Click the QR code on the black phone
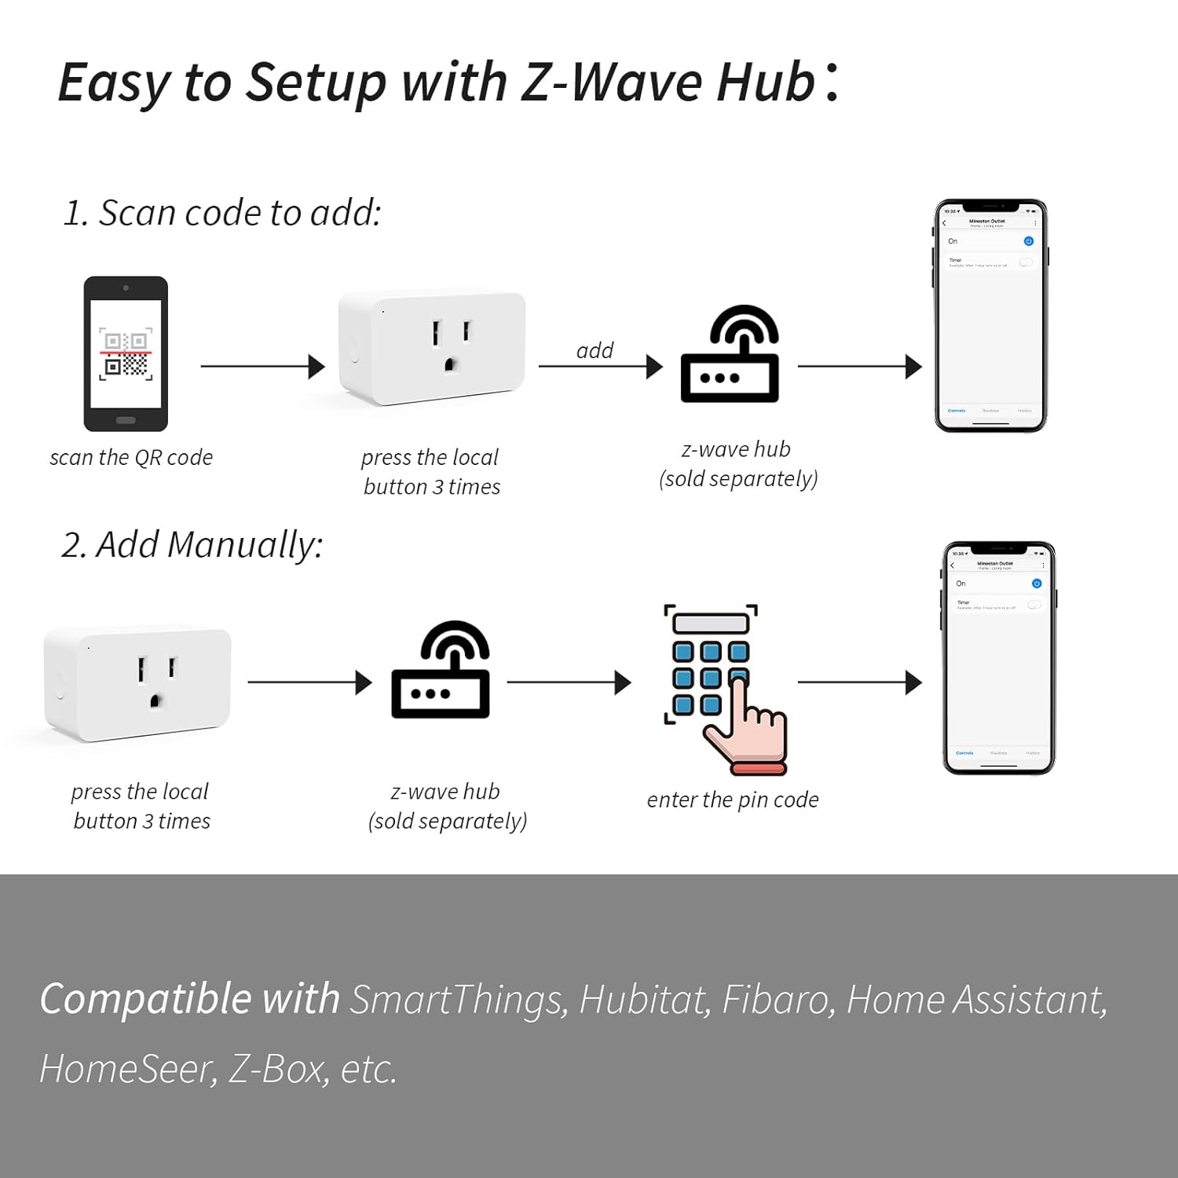click(126, 355)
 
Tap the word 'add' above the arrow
click(594, 350)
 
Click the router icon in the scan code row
click(730, 355)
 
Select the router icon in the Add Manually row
click(441, 671)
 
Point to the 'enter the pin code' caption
click(733, 799)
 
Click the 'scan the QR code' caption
click(131, 457)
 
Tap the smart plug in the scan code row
click(432, 347)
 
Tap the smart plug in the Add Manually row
click(138, 682)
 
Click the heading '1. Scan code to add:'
click(222, 213)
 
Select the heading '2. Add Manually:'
click(192, 545)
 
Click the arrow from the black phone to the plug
click(262, 366)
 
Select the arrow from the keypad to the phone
click(859, 682)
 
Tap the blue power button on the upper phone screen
click(1029, 241)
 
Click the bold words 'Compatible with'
click(189, 999)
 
